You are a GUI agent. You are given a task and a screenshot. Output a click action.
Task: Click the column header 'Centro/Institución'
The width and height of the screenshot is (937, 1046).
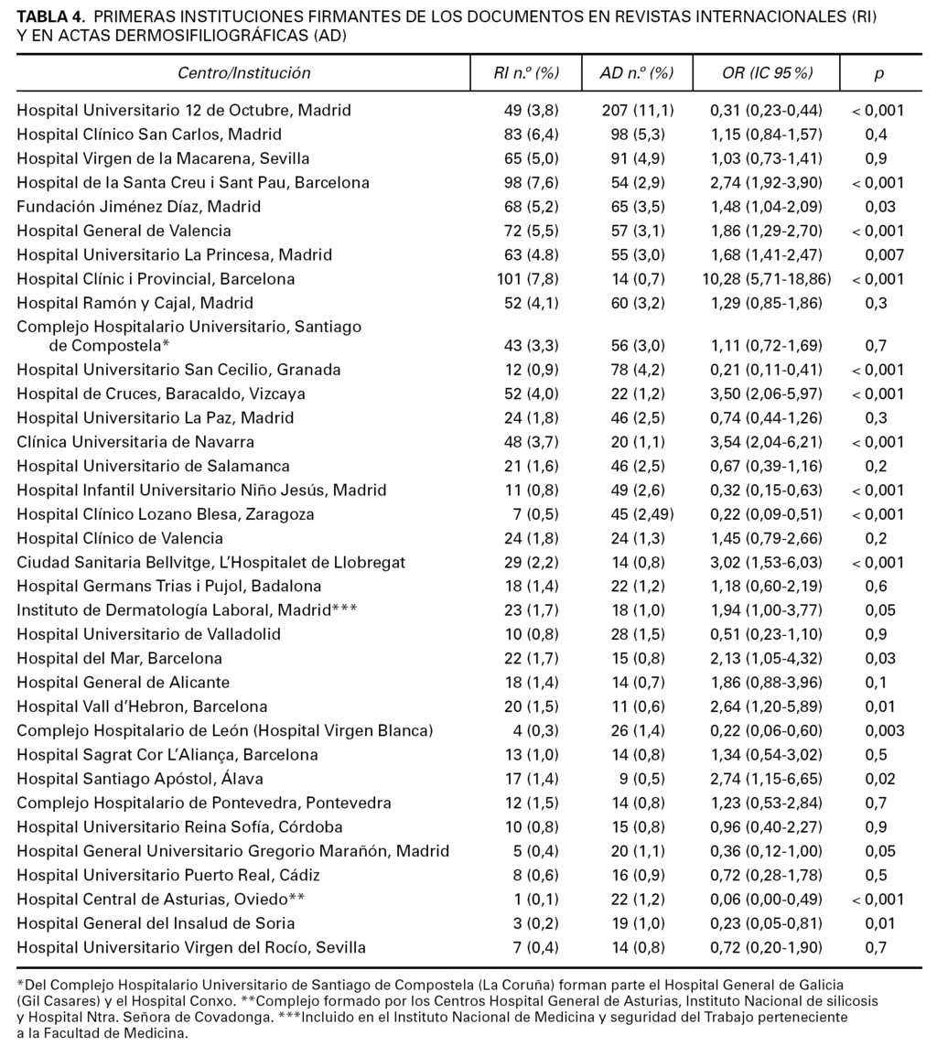coord(244,73)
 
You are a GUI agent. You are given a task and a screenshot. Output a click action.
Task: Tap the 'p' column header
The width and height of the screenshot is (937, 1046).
coord(878,73)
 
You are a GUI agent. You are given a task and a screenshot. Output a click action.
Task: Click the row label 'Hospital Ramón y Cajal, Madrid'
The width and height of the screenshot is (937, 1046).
coord(135,303)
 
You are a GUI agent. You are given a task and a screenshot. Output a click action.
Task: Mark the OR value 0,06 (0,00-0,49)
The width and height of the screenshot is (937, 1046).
coord(767,899)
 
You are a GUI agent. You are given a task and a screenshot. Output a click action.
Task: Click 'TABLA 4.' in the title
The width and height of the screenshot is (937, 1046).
coord(51,17)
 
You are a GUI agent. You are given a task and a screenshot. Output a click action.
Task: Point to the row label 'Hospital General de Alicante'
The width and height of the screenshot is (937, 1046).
coord(123,683)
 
